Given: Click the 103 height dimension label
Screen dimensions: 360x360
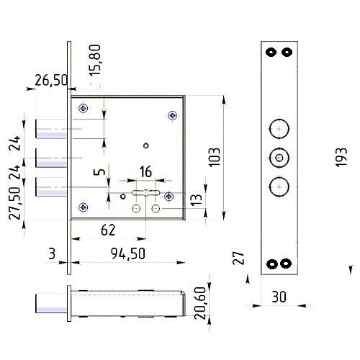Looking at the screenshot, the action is click(x=215, y=157).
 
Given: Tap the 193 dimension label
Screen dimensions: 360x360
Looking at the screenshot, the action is click(x=341, y=157).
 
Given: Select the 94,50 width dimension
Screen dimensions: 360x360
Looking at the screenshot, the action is click(x=128, y=254).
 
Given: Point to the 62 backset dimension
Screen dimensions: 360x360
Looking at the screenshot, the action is click(x=108, y=230).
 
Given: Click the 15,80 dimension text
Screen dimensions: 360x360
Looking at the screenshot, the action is click(x=95, y=60).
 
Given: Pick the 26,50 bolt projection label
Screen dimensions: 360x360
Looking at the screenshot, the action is click(x=51, y=80).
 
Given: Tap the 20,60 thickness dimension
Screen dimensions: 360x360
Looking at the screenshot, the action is click(x=200, y=303).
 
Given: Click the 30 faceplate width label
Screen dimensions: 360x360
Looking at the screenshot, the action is click(x=279, y=297).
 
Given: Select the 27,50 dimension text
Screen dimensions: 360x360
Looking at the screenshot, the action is click(x=14, y=203).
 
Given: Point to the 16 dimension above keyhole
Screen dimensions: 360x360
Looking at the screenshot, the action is click(x=145, y=171).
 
